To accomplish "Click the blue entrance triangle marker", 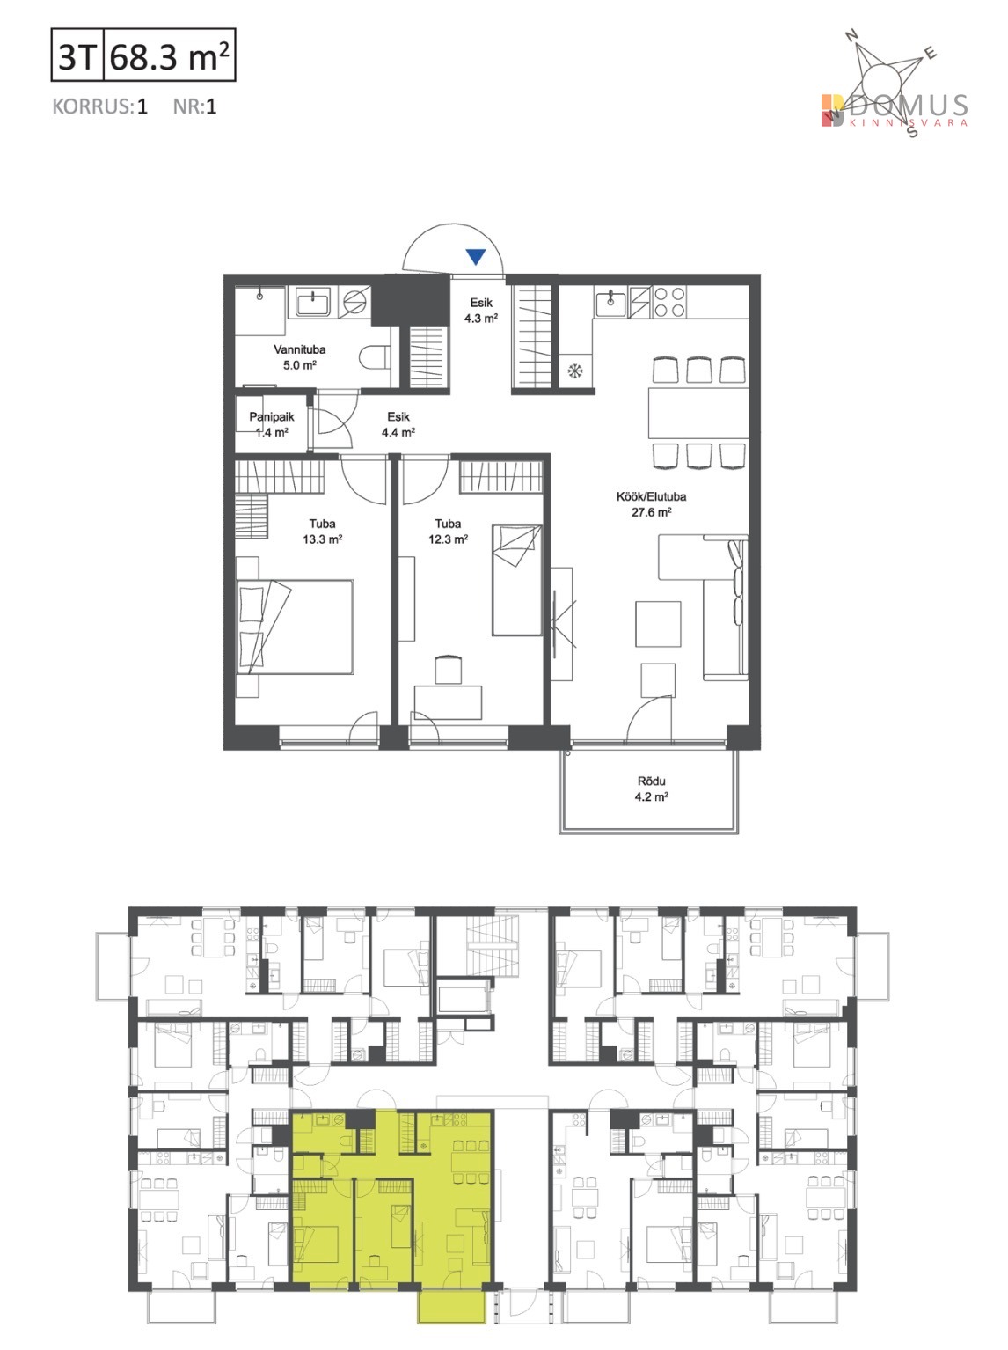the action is (476, 256).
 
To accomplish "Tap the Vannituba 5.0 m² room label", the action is (299, 357).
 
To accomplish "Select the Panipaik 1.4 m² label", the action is (272, 424).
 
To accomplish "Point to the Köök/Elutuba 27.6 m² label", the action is (651, 504).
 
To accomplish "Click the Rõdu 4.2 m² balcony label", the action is (651, 789).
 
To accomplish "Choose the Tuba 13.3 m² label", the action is (322, 532).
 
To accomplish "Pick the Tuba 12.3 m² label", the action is (448, 532).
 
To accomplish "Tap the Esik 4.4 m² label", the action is (398, 424).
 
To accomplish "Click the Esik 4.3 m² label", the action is (480, 310).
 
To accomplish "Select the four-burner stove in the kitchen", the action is (668, 302).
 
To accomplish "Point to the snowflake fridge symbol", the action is (575, 371).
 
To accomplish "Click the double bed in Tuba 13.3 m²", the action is (295, 627).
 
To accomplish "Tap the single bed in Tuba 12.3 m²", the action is (517, 580).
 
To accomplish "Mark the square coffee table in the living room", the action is (658, 624).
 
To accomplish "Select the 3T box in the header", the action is (77, 55).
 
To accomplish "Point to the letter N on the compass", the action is (852, 36).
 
